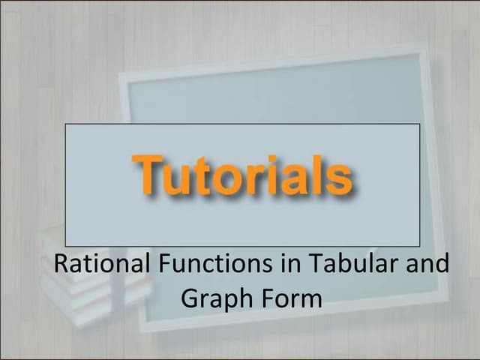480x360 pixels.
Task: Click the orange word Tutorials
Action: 242,175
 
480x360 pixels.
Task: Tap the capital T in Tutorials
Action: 149,173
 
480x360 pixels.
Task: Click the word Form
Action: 291,298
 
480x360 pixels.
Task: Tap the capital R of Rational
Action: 61,265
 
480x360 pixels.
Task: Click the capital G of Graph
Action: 190,298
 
